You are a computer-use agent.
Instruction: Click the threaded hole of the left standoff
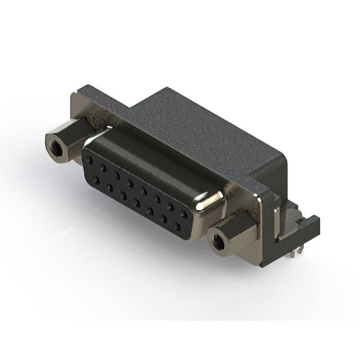coord(56,149)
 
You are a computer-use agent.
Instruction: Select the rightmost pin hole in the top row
coord(184,214)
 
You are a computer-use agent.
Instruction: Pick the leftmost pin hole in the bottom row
coord(97,179)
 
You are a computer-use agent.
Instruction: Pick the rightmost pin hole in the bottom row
coord(178,227)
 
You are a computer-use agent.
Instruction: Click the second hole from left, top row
coord(103,168)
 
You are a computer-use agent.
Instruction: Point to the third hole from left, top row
coord(116,175)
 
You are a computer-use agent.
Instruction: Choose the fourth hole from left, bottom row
coord(137,202)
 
